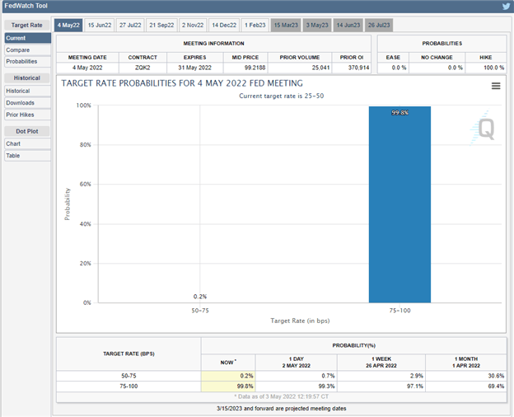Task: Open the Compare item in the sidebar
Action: [18, 49]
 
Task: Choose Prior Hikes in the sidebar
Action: [21, 115]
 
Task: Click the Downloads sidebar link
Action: [21, 103]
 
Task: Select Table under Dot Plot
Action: [13, 156]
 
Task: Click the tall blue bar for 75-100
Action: [400, 206]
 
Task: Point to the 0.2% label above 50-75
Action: [200, 297]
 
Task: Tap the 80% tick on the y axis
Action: [84, 145]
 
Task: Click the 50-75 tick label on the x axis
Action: [200, 311]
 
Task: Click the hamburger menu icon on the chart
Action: [496, 86]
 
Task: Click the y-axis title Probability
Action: [68, 204]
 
